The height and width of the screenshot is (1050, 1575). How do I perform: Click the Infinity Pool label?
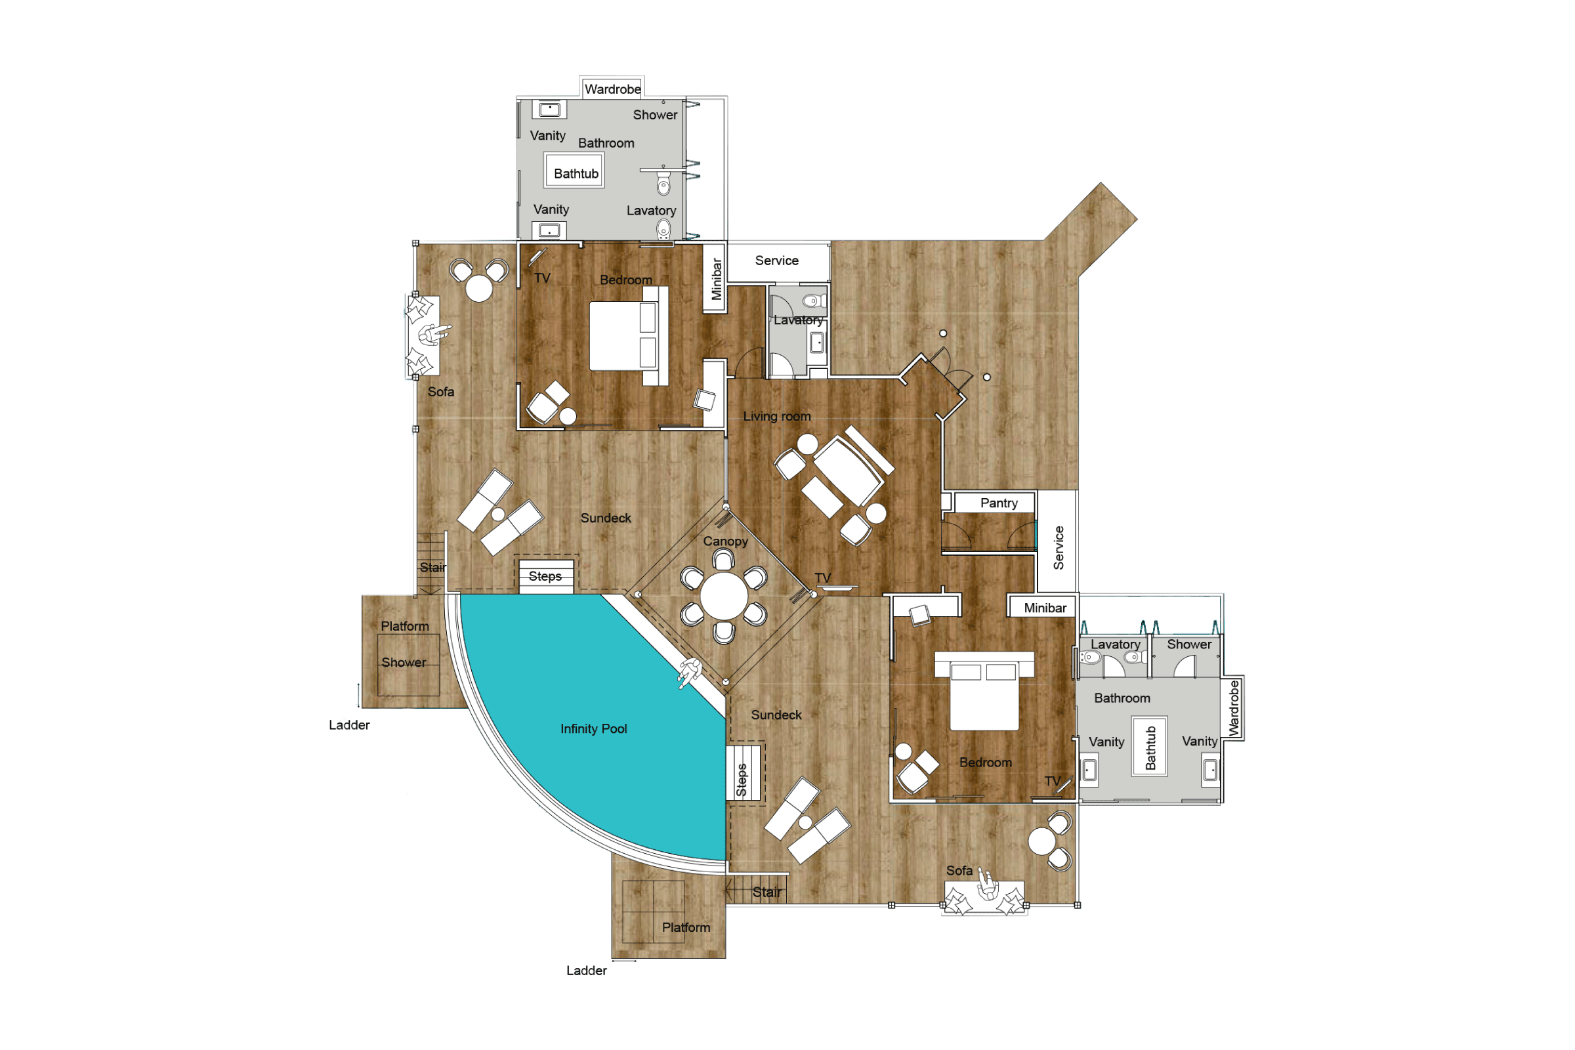593,728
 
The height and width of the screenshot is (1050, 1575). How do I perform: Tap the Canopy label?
725,541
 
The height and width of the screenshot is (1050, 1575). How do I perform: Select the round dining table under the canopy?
724,595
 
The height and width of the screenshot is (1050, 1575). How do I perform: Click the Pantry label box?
998,503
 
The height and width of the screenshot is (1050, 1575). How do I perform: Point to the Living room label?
777,416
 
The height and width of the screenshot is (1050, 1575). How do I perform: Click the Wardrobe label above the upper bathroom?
612,89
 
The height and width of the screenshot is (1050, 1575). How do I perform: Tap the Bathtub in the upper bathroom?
576,173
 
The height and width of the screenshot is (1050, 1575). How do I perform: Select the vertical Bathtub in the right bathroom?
1150,747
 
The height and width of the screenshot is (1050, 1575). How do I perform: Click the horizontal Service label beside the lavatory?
777,261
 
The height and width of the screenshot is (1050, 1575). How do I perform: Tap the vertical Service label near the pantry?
1058,548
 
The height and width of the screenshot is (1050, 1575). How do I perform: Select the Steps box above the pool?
546,577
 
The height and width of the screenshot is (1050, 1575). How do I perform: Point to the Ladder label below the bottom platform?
587,971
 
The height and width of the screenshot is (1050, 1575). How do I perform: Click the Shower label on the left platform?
403,662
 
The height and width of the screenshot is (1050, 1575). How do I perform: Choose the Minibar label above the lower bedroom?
1045,608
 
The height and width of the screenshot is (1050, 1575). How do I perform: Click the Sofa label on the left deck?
440,392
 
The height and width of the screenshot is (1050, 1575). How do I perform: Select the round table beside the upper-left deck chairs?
479,289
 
